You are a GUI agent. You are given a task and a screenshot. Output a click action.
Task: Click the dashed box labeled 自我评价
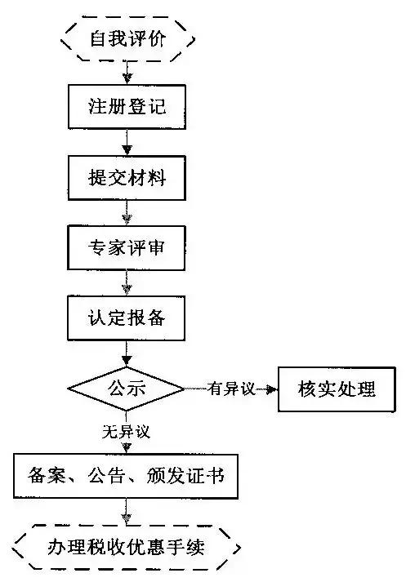click(127, 38)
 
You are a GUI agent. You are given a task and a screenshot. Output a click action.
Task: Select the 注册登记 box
click(127, 107)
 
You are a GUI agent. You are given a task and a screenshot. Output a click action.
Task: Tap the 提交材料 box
click(127, 178)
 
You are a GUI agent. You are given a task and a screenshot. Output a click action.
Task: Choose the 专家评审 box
click(127, 247)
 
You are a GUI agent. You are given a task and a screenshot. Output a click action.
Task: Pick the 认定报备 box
click(127, 318)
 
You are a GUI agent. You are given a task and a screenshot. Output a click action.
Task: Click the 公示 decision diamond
click(127, 389)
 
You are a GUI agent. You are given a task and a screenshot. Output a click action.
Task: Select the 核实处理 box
click(337, 389)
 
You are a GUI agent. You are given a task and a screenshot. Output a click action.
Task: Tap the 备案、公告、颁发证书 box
click(126, 476)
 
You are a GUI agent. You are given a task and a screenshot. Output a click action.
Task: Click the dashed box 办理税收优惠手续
click(127, 548)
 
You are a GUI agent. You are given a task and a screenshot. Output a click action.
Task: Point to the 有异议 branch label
click(231, 389)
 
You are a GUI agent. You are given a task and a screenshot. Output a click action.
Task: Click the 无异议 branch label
click(127, 432)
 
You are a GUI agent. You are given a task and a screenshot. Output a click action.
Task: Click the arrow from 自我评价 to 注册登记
click(127, 73)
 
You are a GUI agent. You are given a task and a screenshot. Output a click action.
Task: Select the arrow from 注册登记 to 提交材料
click(127, 143)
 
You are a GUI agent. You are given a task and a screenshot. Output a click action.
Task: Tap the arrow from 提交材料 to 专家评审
click(127, 213)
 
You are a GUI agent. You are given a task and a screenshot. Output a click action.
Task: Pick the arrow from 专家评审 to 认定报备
click(127, 282)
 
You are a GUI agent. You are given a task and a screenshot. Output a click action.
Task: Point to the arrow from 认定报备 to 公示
click(127, 353)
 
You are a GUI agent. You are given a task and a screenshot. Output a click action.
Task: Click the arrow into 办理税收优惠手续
click(127, 512)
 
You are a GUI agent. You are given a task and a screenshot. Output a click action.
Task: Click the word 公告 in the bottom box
click(106, 476)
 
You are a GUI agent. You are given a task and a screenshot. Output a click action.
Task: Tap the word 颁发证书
click(185, 476)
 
